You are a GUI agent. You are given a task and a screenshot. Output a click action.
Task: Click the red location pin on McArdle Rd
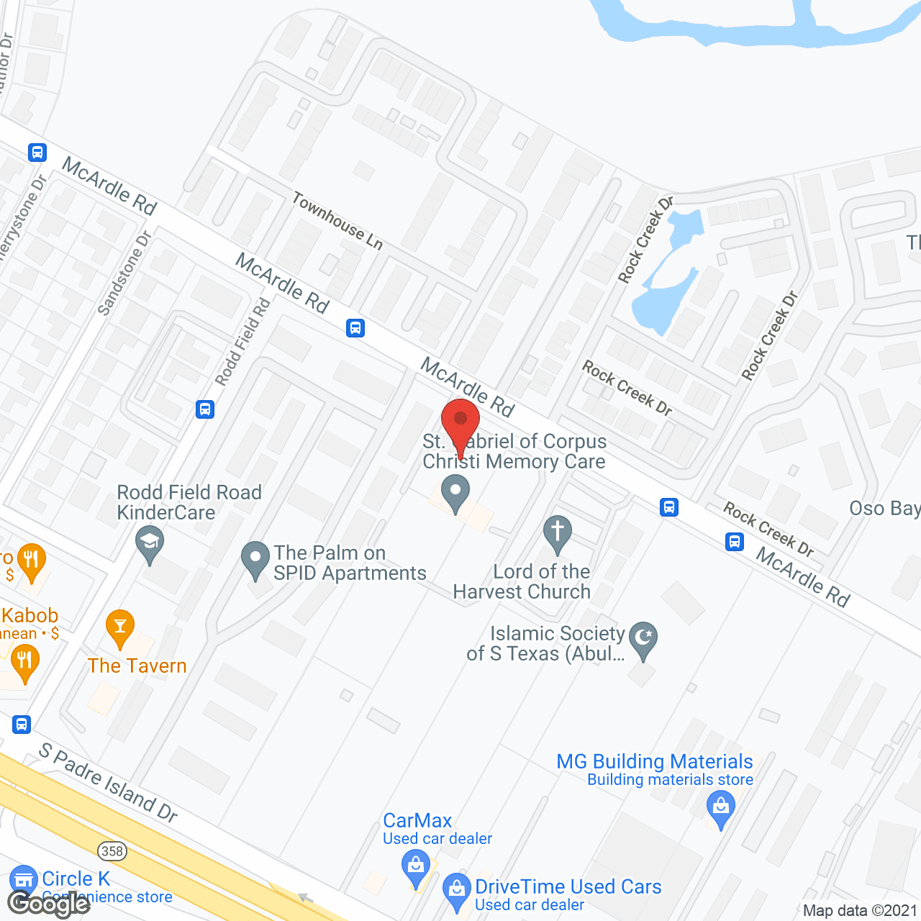pyautogui.click(x=460, y=422)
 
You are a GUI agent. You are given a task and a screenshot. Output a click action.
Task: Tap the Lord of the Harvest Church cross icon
pyautogui.click(x=557, y=532)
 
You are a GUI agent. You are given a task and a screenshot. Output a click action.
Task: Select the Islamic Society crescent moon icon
pyautogui.click(x=643, y=638)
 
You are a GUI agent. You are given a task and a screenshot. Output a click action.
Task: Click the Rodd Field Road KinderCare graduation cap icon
pyautogui.click(x=150, y=542)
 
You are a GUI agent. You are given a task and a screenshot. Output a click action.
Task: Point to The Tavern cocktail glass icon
pyautogui.click(x=120, y=627)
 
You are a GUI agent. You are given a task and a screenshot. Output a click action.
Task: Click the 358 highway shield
pyautogui.click(x=112, y=851)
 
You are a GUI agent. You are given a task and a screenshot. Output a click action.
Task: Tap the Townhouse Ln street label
pyautogui.click(x=337, y=220)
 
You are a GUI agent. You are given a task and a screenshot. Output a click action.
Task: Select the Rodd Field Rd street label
pyautogui.click(x=242, y=342)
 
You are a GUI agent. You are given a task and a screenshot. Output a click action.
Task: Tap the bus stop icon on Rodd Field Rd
pyautogui.click(x=205, y=409)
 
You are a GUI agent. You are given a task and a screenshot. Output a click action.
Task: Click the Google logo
pyautogui.click(x=48, y=903)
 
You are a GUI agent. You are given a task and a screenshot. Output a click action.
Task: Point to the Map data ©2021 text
pyautogui.click(x=860, y=911)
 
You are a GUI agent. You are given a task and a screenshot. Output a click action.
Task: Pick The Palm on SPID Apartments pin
pyautogui.click(x=255, y=559)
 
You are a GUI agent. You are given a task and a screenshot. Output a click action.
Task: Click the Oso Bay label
pyautogui.click(x=884, y=509)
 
